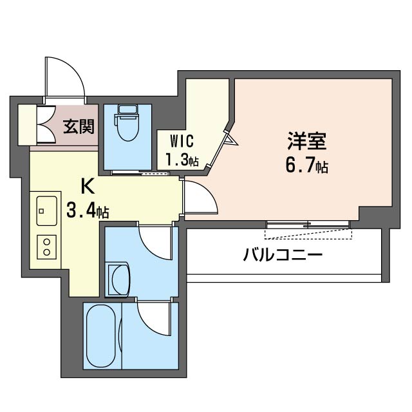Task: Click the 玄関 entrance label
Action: pos(78,126)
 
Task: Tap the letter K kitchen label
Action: pos(86,185)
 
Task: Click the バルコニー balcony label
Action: pos(283,255)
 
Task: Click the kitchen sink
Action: pos(46,210)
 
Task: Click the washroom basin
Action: pos(120,278)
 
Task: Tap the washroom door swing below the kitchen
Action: pos(156,241)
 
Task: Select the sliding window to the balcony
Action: pos(308,225)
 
